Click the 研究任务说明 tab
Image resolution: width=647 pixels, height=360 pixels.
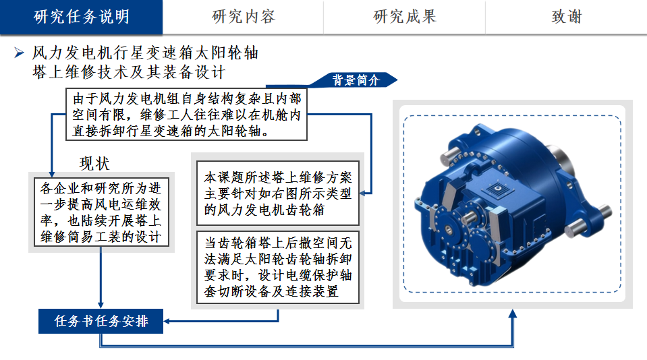81,17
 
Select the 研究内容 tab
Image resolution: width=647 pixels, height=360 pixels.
243,17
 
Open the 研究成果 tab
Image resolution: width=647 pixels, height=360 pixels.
404,17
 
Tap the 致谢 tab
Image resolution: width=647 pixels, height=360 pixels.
566,17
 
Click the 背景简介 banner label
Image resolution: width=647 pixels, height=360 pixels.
356,80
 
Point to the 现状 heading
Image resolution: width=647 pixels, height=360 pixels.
94,164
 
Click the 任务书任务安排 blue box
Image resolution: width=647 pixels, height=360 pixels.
101,321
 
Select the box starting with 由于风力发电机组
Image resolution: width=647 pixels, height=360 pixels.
186,114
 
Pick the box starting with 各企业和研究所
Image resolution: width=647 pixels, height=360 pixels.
101,212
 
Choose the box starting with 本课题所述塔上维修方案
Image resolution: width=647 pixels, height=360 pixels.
278,193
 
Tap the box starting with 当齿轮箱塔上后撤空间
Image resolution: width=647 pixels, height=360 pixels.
278,267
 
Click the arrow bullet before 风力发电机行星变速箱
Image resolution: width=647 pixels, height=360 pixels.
19,53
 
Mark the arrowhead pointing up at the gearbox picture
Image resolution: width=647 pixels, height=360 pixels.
513,313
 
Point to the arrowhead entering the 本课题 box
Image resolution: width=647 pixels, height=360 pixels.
363,193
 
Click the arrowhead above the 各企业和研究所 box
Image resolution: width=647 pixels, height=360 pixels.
52,174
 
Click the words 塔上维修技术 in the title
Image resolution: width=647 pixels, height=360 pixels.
80,72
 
